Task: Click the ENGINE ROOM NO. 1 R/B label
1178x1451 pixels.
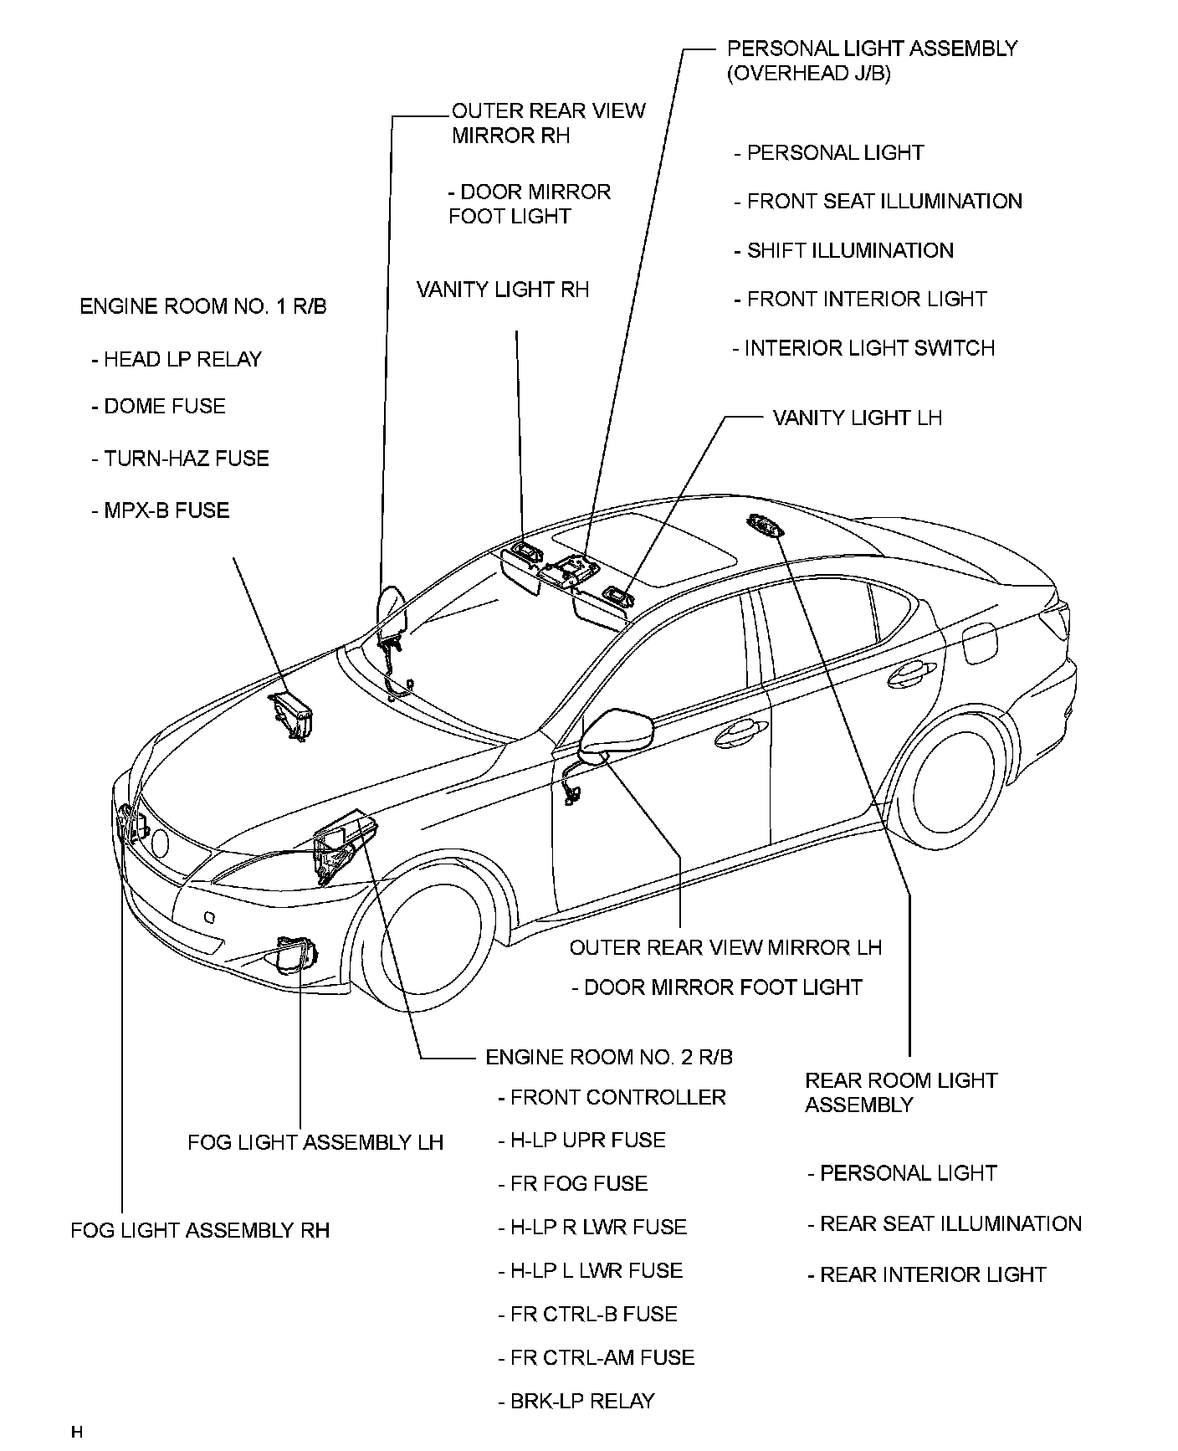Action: pyautogui.click(x=202, y=307)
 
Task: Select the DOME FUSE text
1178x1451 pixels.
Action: pyautogui.click(x=158, y=407)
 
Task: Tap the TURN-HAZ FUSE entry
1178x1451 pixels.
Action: pyautogui.click(x=180, y=459)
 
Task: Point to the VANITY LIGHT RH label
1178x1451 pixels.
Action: pyautogui.click(x=503, y=290)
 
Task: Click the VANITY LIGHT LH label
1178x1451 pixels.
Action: pyautogui.click(x=857, y=418)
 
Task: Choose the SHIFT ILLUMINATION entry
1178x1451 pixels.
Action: pyautogui.click(x=843, y=251)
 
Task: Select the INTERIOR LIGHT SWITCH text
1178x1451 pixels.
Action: pyautogui.click(x=863, y=348)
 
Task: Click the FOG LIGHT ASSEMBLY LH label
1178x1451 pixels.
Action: pyautogui.click(x=315, y=1142)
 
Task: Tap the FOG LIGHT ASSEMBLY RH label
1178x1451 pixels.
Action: pyautogui.click(x=200, y=1230)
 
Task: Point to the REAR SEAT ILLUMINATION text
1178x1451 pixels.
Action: pyautogui.click(x=944, y=1224)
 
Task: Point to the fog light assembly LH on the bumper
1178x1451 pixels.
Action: pyautogui.click(x=297, y=955)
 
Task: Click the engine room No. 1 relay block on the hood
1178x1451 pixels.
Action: pyautogui.click(x=291, y=714)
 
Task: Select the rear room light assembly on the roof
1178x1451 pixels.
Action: pyautogui.click(x=765, y=526)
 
